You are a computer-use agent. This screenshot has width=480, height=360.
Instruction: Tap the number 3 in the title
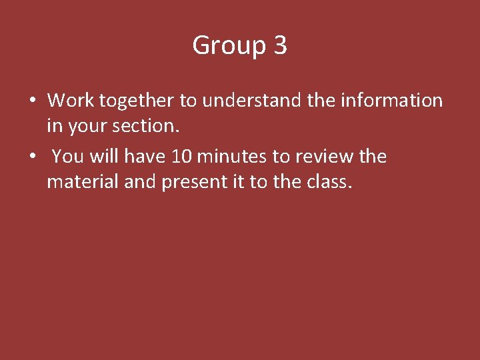[280, 45]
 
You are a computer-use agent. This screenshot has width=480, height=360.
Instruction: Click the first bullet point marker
[32, 101]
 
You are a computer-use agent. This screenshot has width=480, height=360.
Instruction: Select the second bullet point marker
[32, 157]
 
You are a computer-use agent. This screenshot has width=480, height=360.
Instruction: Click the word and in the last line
[140, 181]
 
